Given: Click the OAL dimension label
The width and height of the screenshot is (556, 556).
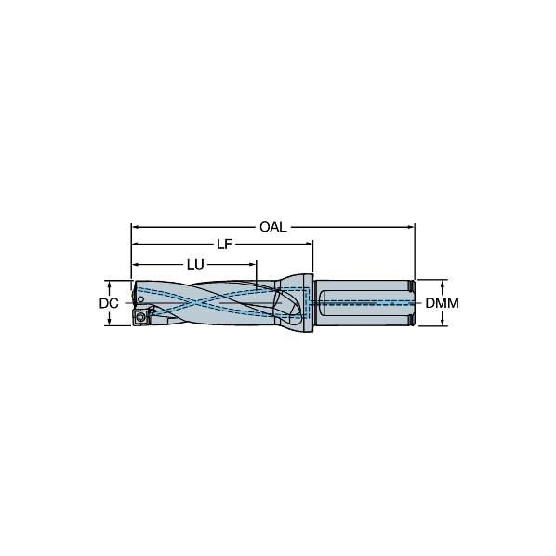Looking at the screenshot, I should point(272,227).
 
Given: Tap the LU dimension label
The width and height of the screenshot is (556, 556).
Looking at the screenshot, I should point(194,265).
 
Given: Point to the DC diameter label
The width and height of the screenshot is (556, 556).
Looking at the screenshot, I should point(109,303).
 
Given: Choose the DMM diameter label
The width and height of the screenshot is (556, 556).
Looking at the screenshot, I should point(443,303).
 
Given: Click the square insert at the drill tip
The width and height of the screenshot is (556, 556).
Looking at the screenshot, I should point(144,317).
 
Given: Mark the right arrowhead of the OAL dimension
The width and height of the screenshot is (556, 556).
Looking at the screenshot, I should point(410,227).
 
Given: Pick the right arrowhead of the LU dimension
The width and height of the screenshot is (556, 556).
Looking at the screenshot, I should point(253,265).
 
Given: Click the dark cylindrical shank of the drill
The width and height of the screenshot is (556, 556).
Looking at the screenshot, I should point(363,303).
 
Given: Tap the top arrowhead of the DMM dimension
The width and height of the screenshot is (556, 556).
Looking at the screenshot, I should point(443,282).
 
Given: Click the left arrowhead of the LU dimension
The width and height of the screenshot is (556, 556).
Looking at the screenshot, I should point(135,265).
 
